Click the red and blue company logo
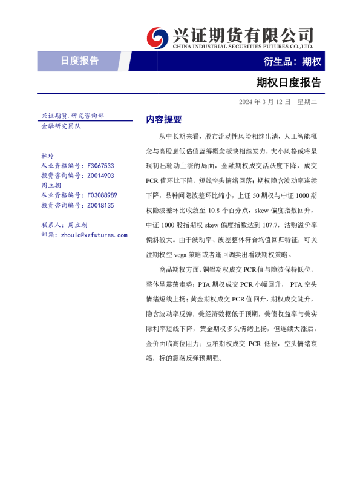(x=159, y=37)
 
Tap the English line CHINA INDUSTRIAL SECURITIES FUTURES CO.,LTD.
(x=243, y=46)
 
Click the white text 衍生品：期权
(x=292, y=61)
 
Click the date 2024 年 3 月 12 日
(x=264, y=102)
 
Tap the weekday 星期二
(x=307, y=102)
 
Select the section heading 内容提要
(x=164, y=120)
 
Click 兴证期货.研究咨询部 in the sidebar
(x=72, y=115)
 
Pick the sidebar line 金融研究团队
(x=61, y=126)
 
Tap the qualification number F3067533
(x=101, y=166)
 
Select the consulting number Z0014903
(x=101, y=176)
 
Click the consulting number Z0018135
(x=101, y=205)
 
